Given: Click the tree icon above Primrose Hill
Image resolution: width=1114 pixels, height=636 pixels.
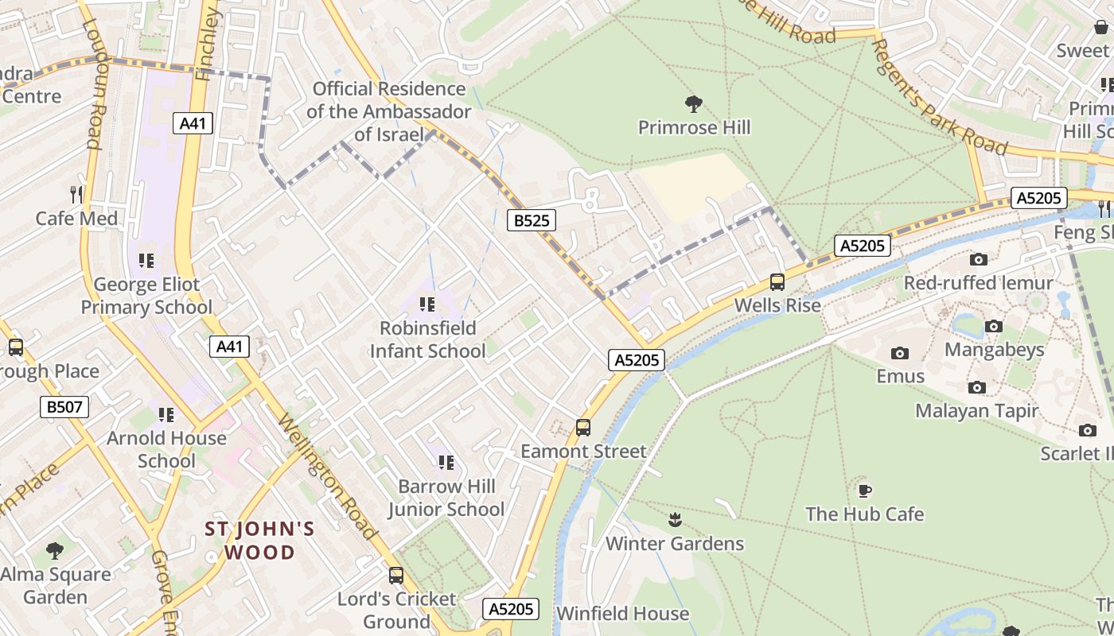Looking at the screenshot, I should [694, 103].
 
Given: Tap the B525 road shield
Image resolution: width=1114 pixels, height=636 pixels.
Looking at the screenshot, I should [531, 220].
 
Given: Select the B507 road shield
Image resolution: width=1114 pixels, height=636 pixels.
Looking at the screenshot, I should [64, 408].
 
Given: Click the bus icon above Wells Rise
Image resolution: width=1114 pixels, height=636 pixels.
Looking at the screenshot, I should [777, 282].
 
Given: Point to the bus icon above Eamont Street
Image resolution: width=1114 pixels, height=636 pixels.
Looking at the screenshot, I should [583, 428].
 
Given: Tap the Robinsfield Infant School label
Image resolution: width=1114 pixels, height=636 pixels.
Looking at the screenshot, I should [427, 339].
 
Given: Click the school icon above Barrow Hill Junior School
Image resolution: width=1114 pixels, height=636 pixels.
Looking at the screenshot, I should [446, 462].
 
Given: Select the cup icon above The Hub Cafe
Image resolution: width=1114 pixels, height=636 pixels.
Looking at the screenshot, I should [864, 491].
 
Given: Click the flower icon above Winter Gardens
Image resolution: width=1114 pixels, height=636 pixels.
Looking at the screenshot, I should [675, 520].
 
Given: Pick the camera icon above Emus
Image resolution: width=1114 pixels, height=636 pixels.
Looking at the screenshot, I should [900, 353].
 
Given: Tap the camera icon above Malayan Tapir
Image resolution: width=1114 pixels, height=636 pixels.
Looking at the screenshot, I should [976, 387].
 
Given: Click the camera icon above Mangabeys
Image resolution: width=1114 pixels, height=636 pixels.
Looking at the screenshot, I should [994, 326].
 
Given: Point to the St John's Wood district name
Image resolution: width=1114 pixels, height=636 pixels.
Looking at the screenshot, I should [260, 540].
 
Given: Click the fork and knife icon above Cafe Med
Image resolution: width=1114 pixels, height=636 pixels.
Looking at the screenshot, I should [76, 194].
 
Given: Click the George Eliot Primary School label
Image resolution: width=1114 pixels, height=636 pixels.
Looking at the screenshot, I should [146, 296].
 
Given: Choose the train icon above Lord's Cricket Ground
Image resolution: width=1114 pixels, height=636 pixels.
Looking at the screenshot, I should [396, 575].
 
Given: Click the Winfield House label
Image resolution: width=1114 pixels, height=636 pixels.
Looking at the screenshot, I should [622, 614].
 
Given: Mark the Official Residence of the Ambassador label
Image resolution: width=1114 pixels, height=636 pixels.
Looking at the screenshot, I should [388, 111].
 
